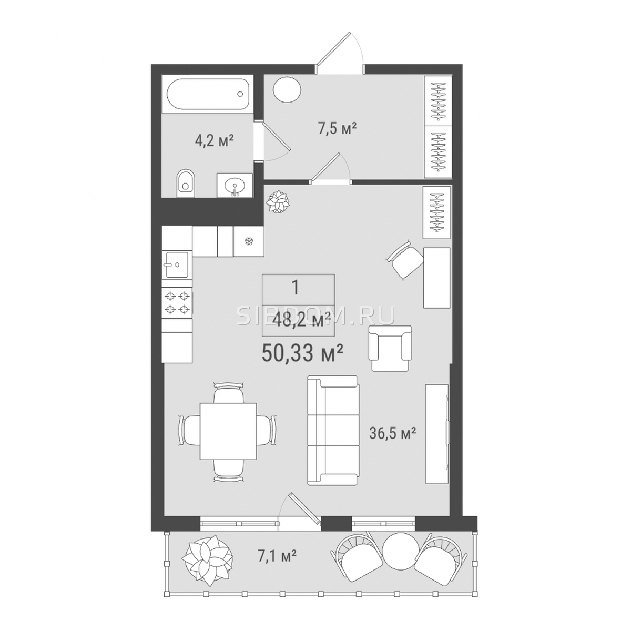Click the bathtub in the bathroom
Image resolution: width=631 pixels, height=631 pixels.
(208, 94)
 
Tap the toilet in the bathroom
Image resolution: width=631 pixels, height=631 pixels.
(186, 184)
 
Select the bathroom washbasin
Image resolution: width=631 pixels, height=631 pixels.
(235, 186)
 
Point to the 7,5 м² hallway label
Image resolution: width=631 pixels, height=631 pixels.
(337, 128)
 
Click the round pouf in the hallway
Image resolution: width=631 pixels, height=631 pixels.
(287, 90)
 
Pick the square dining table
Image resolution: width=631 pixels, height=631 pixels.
(228, 431)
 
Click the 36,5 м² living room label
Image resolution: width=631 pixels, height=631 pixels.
(393, 433)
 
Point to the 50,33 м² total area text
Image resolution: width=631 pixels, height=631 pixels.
(303, 354)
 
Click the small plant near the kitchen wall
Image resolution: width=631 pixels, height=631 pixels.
(278, 202)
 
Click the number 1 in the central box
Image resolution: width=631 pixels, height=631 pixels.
(296, 288)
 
